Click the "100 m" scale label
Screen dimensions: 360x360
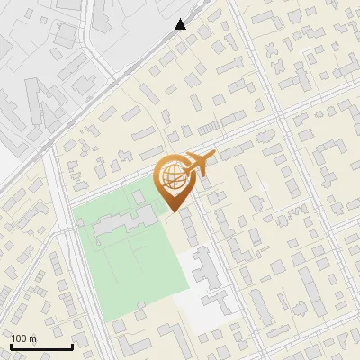pyautogui.click(x=23, y=338)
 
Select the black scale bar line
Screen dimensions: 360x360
pyautogui.click(x=41, y=346)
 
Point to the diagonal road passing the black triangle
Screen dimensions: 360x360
pyautogui.click(x=135, y=67)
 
